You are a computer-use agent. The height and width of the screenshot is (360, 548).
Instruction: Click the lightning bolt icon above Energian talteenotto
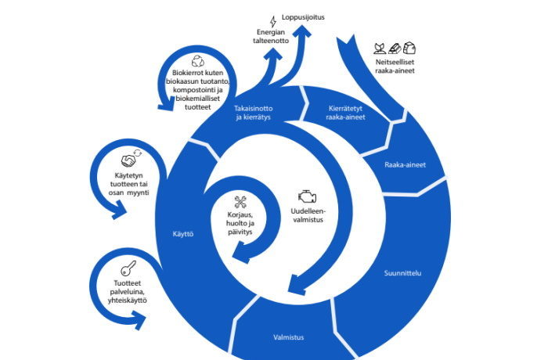point(272,21)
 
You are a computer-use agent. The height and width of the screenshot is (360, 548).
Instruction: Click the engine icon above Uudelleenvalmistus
point(308,196)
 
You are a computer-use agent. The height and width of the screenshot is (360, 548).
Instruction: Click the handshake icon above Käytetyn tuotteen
point(130,157)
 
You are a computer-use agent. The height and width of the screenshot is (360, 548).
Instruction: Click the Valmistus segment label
point(288,337)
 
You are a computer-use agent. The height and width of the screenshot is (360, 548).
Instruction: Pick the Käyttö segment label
point(182,233)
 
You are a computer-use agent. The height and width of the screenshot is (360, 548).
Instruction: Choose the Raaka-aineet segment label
point(405,165)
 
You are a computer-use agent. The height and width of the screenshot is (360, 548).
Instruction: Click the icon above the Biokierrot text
point(199,59)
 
